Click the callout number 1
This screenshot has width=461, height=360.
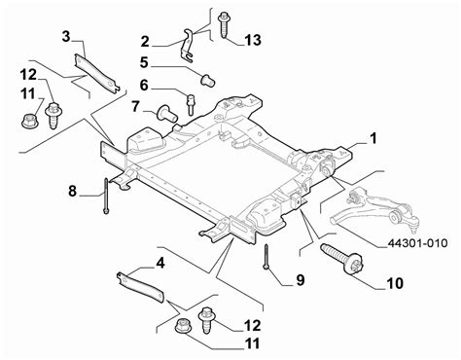point(373,138)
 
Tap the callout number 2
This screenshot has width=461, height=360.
point(145,42)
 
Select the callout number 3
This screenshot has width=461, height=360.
point(66,37)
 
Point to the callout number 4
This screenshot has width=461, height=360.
point(160,263)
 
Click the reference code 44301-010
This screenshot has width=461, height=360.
point(418,243)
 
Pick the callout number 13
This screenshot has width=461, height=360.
point(253,40)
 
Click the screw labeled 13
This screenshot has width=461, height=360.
point(224,24)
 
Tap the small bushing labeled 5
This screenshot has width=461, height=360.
point(208,81)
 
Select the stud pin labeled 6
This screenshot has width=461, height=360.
point(190,104)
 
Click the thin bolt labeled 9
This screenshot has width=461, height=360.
point(266,257)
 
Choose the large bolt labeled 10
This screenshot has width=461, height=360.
point(341,261)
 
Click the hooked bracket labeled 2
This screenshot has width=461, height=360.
point(188,45)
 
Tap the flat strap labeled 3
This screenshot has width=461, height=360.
point(96,74)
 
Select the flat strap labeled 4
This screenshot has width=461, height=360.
point(141,287)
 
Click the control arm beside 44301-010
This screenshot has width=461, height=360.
point(375,211)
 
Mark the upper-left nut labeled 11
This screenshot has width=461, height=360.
point(28,120)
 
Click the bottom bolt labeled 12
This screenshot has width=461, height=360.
point(206,320)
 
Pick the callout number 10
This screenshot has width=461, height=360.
point(395,283)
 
